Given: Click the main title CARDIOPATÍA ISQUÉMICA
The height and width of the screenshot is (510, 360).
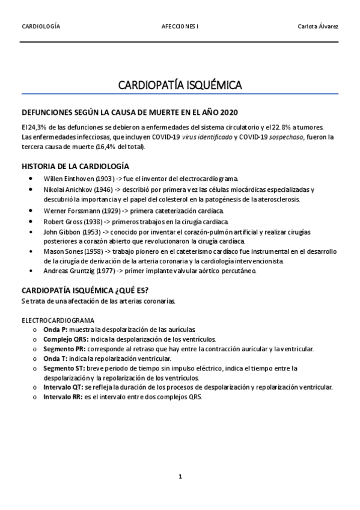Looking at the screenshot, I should [180, 85].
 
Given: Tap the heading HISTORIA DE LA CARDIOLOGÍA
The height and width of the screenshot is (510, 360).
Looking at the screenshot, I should [75, 166].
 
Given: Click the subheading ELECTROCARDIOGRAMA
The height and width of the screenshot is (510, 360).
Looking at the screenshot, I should [58, 321].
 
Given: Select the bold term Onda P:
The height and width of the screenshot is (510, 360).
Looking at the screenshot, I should [55, 330].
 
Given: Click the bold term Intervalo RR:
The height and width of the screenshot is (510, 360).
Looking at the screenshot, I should [64, 397].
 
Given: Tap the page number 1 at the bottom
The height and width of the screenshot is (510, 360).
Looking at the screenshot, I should [180, 476].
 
